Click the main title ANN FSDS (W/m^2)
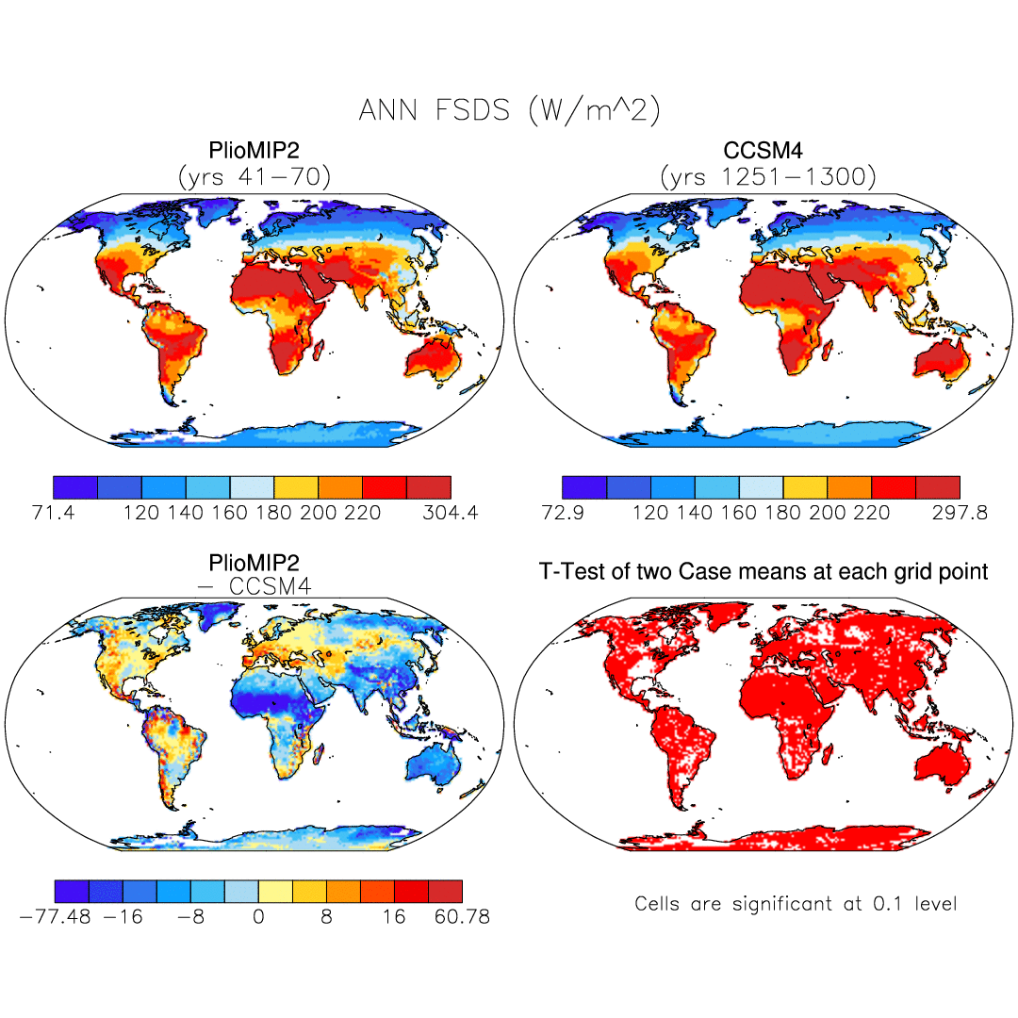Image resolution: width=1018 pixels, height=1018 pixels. [x=509, y=110]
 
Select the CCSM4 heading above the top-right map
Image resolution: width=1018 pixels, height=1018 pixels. [x=766, y=151]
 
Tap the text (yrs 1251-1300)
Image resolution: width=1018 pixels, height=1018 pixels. [x=766, y=175]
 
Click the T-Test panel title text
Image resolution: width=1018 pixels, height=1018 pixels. [x=763, y=571]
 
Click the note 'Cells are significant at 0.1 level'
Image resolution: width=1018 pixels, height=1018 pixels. [x=796, y=904]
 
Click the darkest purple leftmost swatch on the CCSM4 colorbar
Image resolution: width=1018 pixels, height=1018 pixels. [x=584, y=486]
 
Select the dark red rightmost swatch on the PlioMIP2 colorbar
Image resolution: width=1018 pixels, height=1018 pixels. [x=429, y=486]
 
